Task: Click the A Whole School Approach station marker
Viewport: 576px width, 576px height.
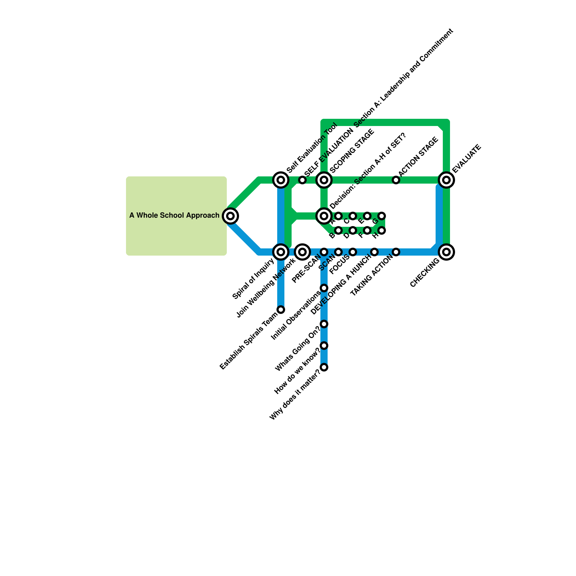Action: coord(230,216)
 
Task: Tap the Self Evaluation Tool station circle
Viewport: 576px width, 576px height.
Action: coord(281,180)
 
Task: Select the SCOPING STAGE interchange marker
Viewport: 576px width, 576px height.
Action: coord(324,180)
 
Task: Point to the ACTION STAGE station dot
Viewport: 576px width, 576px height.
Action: coord(396,180)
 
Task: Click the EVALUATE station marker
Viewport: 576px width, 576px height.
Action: coord(446,180)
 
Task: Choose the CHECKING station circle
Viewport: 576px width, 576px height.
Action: coord(446,252)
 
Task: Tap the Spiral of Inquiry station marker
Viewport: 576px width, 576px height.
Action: coord(281,252)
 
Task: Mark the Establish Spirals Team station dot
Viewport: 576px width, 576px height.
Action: coord(281,310)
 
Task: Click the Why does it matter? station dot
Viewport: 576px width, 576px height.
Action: coord(324,367)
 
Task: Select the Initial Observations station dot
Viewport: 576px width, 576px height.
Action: coord(324,288)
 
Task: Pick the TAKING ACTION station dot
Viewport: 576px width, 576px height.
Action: coord(396,252)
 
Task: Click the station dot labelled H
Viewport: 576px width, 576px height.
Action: coord(382,230)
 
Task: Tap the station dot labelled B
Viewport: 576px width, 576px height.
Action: coord(338,230)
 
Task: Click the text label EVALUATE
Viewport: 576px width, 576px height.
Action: coord(467,158)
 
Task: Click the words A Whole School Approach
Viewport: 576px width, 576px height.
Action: coord(174,216)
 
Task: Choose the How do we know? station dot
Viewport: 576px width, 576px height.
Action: coord(324,346)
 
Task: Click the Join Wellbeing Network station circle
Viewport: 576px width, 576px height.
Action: coord(302,252)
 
